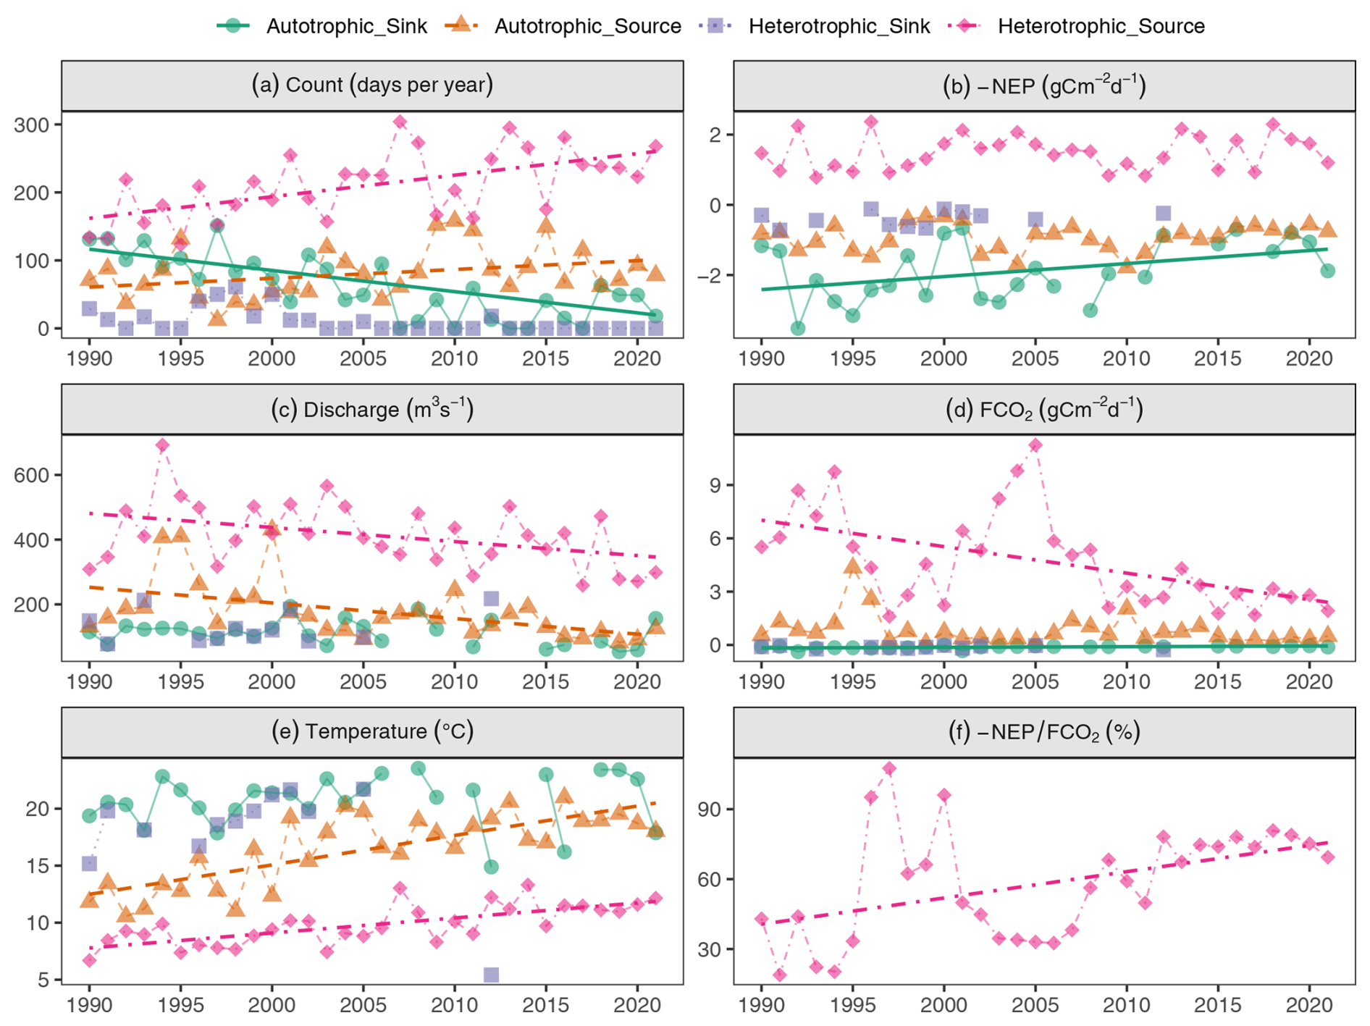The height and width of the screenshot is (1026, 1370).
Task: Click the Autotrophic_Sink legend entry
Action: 346,26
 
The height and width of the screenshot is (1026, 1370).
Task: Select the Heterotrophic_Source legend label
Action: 1101,26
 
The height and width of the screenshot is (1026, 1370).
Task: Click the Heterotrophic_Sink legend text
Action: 839,26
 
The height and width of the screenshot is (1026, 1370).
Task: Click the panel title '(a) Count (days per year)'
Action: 372,85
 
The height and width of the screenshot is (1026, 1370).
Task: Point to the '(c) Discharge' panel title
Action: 372,410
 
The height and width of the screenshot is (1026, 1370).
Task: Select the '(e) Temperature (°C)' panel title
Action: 372,732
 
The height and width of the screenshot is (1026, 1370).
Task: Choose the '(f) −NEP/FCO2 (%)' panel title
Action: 1044,732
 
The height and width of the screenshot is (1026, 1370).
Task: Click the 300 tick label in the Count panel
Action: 32,125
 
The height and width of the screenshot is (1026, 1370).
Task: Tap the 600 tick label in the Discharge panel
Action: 32,476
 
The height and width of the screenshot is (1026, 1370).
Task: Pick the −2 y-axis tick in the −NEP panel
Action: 709,276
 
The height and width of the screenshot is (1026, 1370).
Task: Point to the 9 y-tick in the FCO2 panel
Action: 716,485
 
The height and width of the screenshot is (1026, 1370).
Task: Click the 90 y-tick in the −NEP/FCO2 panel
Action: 710,810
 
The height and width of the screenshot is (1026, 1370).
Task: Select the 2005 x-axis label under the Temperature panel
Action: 363,1006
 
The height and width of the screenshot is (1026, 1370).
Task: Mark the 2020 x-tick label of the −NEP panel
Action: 1309,358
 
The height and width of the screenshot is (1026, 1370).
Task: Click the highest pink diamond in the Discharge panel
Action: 162,445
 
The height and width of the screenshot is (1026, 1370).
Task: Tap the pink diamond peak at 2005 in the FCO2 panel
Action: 1035,445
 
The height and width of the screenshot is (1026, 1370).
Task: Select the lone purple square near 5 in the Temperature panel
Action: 491,975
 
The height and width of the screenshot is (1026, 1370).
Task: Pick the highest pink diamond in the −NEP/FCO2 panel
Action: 889,769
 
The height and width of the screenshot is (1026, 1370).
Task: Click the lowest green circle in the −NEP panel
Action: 798,328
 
